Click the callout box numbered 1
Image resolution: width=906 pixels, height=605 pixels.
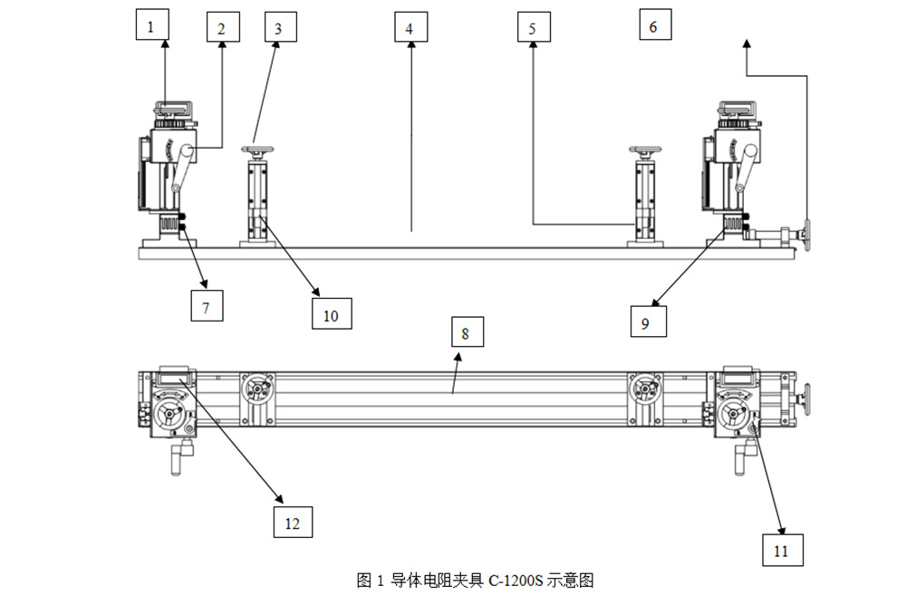[150, 26]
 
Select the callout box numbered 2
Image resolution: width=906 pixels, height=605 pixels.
[222, 28]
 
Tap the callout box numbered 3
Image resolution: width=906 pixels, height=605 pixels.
[279, 28]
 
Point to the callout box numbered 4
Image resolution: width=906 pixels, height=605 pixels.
[410, 28]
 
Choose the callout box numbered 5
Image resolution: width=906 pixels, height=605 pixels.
[533, 28]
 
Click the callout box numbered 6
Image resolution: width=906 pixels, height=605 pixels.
[654, 26]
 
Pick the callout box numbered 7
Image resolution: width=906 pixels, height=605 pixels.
[207, 307]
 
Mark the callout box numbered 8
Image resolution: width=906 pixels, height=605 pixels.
[466, 332]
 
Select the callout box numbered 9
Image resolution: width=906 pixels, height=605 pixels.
[646, 322]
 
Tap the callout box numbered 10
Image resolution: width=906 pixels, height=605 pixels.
[331, 314]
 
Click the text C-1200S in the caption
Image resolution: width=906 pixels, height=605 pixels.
[516, 581]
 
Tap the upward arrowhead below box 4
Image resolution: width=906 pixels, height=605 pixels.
[410, 48]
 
